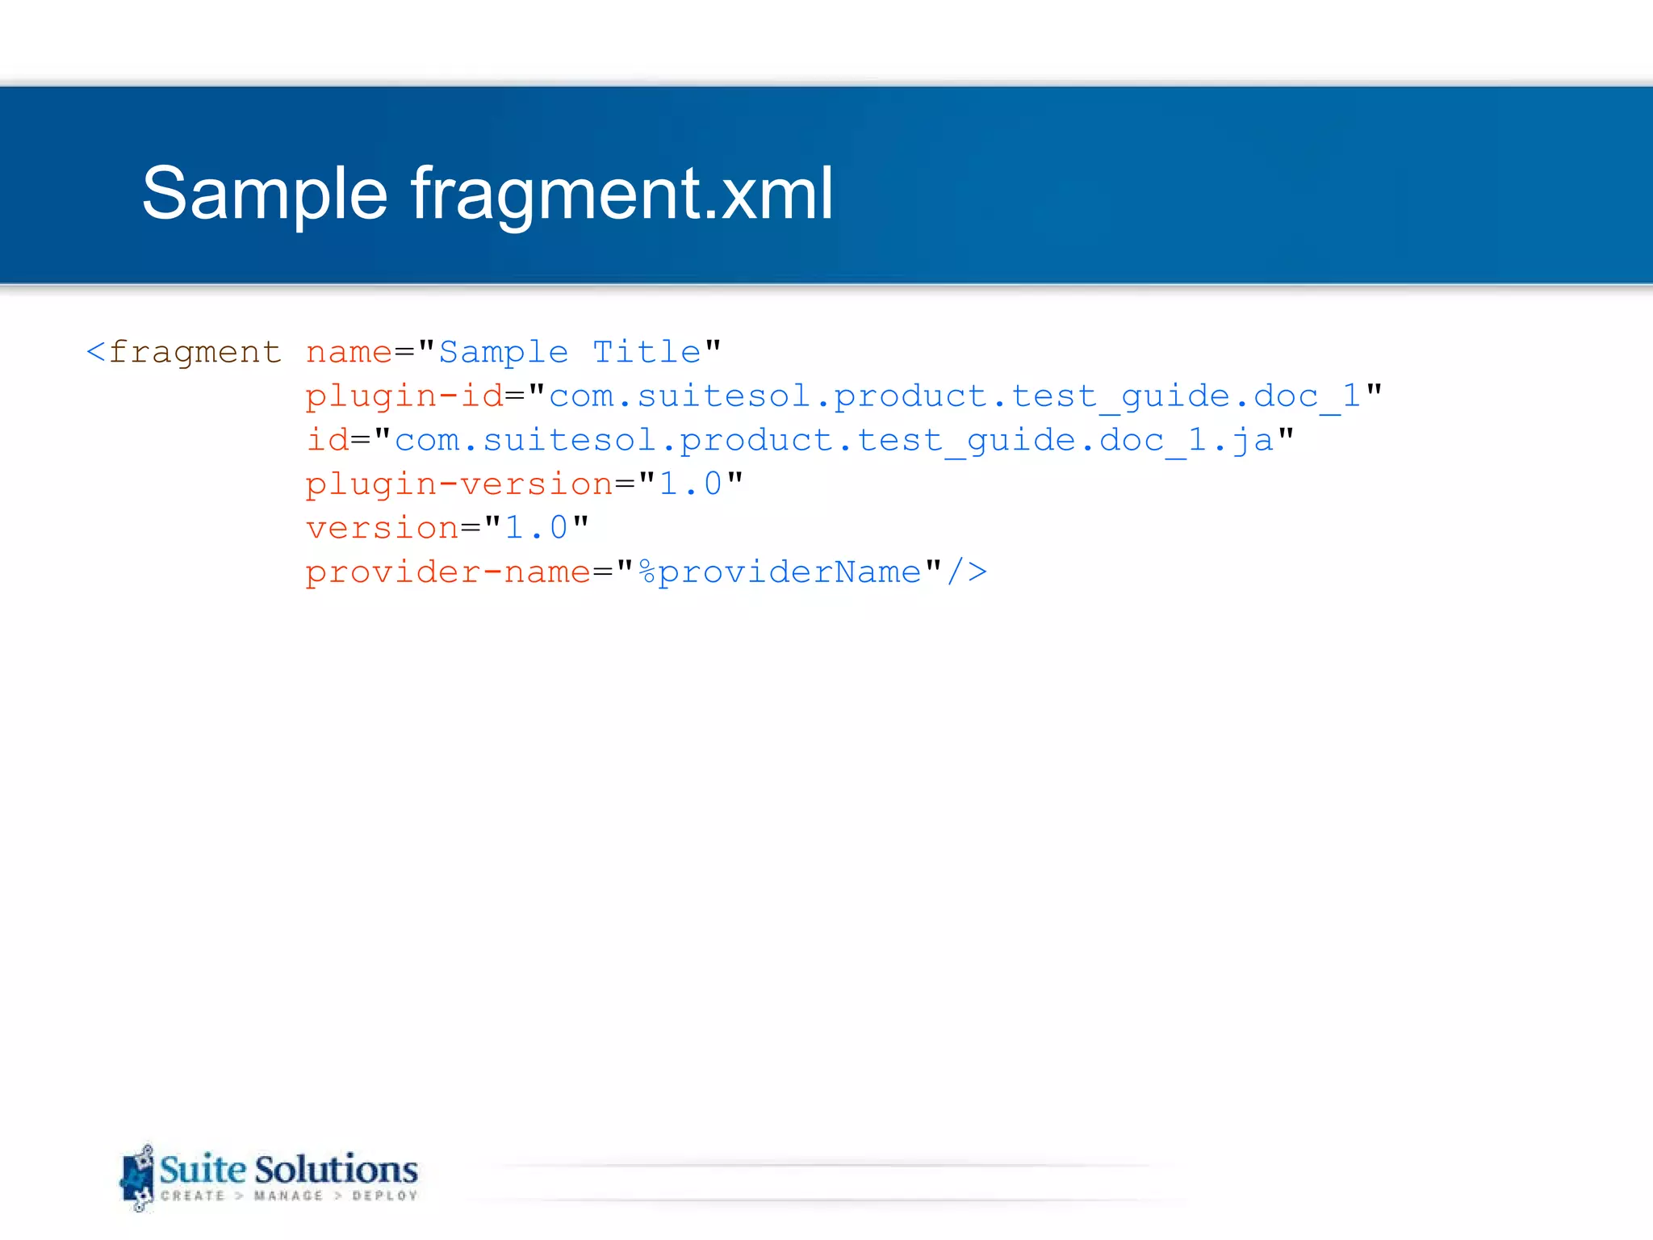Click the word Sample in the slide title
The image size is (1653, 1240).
pyautogui.click(x=265, y=194)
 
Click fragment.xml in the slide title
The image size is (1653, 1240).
pyautogui.click(x=621, y=194)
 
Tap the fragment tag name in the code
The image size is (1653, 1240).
pyautogui.click(x=195, y=353)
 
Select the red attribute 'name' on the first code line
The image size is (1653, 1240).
pyautogui.click(x=349, y=353)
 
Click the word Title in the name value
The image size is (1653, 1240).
pyautogui.click(x=647, y=353)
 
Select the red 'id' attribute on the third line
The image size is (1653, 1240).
pyautogui.click(x=327, y=441)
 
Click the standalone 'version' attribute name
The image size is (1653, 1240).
pyautogui.click(x=382, y=529)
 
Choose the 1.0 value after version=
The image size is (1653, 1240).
pyautogui.click(x=536, y=529)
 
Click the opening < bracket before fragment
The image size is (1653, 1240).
pyautogui.click(x=95, y=353)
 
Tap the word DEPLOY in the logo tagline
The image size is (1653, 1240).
pyautogui.click(x=385, y=1196)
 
